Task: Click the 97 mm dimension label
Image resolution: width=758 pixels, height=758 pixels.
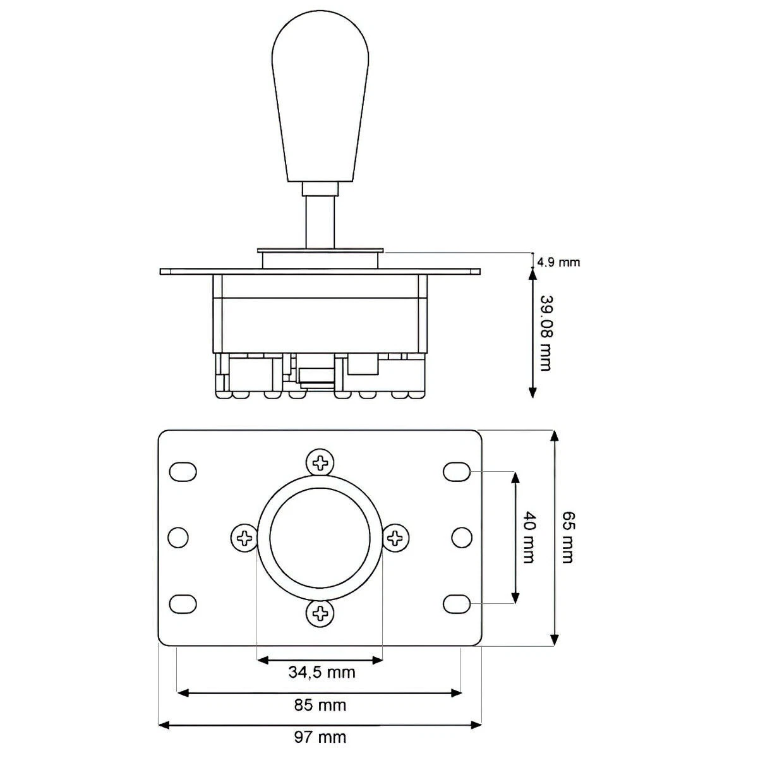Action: coord(321,737)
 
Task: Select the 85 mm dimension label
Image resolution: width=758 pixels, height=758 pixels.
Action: coord(321,704)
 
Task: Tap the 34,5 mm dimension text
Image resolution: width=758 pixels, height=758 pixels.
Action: coord(322,671)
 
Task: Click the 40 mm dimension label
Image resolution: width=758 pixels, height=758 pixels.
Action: coord(529,538)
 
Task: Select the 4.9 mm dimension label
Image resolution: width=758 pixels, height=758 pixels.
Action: coord(558,262)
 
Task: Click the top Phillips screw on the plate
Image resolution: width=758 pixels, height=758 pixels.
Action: coord(321,462)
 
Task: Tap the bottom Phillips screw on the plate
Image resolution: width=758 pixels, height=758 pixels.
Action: coord(321,612)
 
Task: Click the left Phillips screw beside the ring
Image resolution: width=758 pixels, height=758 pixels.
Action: coord(244,538)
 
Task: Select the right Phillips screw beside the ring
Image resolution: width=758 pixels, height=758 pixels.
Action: coord(396,538)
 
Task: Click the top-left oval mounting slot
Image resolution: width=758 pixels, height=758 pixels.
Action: coord(183,471)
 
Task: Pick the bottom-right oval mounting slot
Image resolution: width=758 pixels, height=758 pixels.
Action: coord(457,603)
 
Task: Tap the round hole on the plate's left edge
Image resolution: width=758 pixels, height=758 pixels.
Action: coord(178,538)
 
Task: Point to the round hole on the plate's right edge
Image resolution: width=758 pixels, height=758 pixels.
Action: coord(462,538)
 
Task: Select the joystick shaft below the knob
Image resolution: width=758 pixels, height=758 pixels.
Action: coord(320,221)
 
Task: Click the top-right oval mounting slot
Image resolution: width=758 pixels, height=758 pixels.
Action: coord(457,471)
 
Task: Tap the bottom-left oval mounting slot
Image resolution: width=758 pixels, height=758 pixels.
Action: coord(183,603)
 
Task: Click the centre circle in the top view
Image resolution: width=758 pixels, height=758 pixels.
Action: coord(320,538)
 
